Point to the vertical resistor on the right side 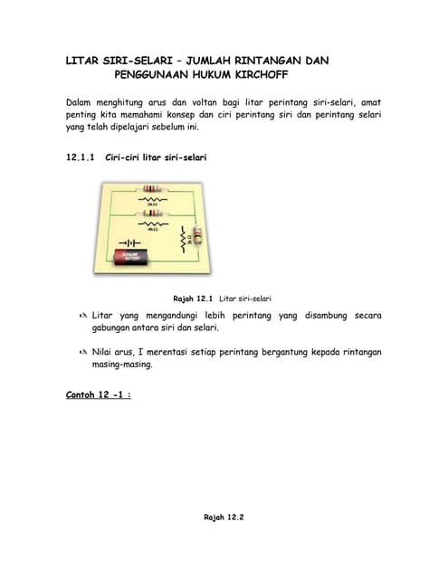(x=198, y=238)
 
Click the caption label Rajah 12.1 (x=193, y=298)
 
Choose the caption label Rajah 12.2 (x=224, y=517)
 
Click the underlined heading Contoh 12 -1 (x=99, y=394)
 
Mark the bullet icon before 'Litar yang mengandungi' (x=81, y=316)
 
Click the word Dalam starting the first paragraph (x=83, y=102)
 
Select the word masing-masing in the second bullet (x=123, y=365)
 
